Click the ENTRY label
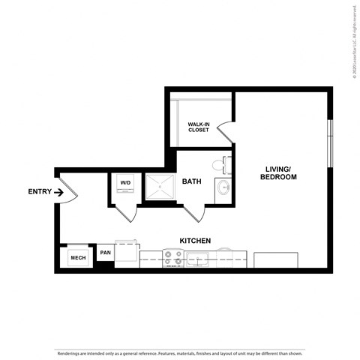(x=40, y=192)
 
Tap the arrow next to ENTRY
(x=59, y=192)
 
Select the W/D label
(x=125, y=182)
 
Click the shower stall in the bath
(x=159, y=187)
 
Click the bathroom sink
(x=223, y=187)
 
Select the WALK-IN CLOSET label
(x=198, y=127)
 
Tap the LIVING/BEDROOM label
(x=278, y=172)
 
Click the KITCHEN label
(x=194, y=241)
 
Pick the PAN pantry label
(x=106, y=253)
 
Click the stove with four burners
(x=173, y=258)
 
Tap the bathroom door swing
(x=194, y=211)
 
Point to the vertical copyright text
(x=352, y=41)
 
